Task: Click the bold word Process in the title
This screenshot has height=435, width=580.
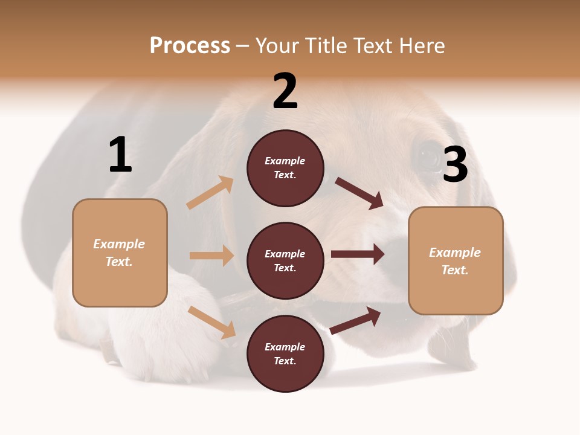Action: pos(190,46)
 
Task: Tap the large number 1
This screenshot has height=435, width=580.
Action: pos(120,155)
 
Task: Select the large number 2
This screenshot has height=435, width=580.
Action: pos(285,91)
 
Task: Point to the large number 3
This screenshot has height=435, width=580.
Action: pos(455,164)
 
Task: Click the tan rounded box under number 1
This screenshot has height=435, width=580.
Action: pos(120,253)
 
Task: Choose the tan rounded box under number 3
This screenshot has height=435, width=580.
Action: pos(456,261)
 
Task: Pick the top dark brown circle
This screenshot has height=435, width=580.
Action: pos(285,168)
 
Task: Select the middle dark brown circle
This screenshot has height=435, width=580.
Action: pos(285,260)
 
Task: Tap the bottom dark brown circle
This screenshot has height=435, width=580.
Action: pos(285,353)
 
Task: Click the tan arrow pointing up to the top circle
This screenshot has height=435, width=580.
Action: pos(210,193)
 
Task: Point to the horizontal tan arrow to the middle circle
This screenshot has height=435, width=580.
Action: pos(211,256)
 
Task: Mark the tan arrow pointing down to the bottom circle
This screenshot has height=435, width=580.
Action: pos(211,322)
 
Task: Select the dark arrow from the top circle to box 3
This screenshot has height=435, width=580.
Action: pos(359,193)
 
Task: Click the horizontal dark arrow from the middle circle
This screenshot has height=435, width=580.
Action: pos(358,254)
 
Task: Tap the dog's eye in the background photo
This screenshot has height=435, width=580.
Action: pos(429,157)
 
